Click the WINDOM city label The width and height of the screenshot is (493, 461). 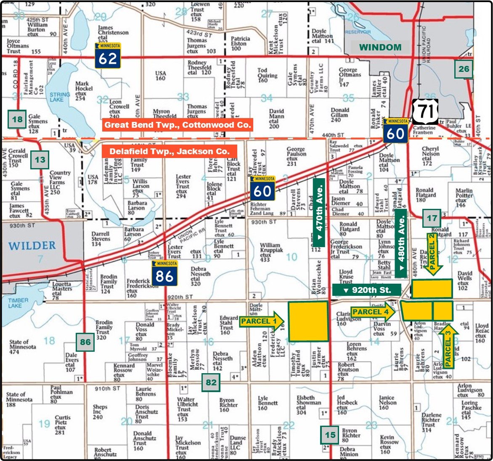[x=380, y=47]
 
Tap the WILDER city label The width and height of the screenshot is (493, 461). [x=32, y=245]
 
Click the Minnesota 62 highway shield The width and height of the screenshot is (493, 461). [x=108, y=55]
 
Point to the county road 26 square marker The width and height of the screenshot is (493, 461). [x=464, y=69]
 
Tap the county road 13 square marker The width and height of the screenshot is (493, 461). [x=40, y=160]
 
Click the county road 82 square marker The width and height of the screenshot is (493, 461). [x=211, y=382]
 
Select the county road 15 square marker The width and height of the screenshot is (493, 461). [x=331, y=435]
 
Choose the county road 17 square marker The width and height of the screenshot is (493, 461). [x=432, y=218]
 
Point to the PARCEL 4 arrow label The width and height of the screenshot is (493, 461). [x=374, y=312]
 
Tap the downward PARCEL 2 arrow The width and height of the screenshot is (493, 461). [x=433, y=253]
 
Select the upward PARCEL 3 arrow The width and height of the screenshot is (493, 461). [x=447, y=346]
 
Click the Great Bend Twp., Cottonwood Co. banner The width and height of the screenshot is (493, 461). [x=178, y=125]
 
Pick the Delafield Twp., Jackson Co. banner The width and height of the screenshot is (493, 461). [x=170, y=151]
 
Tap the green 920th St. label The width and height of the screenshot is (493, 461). [x=366, y=290]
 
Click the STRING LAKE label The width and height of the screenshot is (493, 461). [x=59, y=97]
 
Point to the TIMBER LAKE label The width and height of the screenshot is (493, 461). [x=18, y=303]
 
